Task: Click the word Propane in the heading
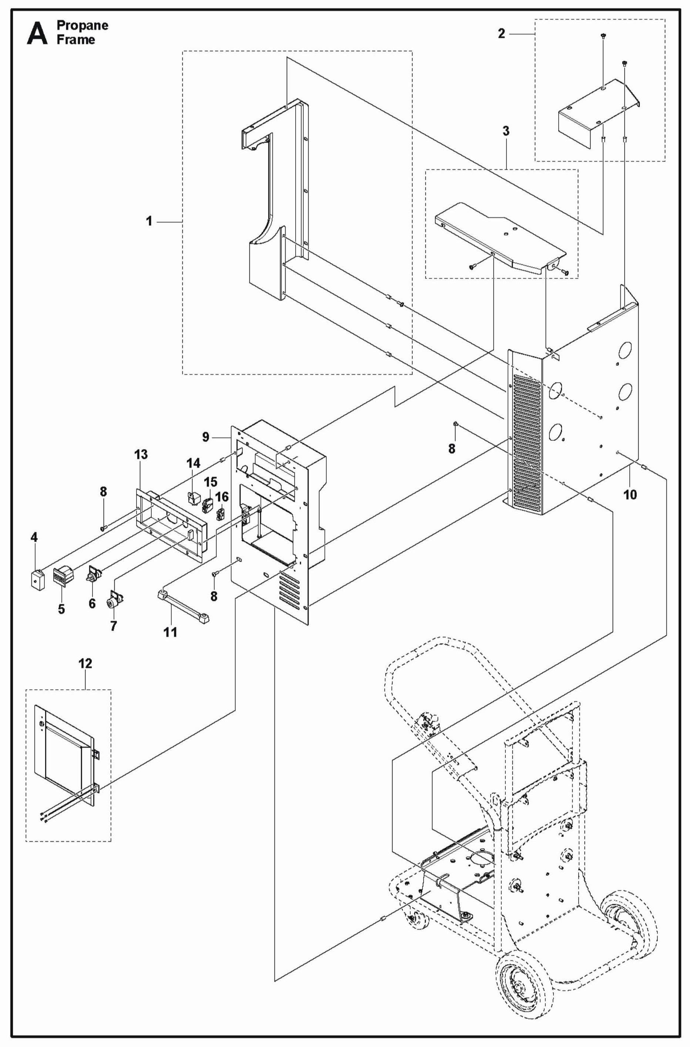(x=83, y=25)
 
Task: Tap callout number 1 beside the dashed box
(x=149, y=221)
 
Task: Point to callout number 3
(x=506, y=131)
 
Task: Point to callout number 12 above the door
(x=85, y=663)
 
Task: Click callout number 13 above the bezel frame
(x=141, y=455)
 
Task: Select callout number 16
(x=222, y=497)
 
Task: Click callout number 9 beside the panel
(x=206, y=437)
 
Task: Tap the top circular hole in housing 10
(x=625, y=350)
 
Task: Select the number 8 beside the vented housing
(x=452, y=448)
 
